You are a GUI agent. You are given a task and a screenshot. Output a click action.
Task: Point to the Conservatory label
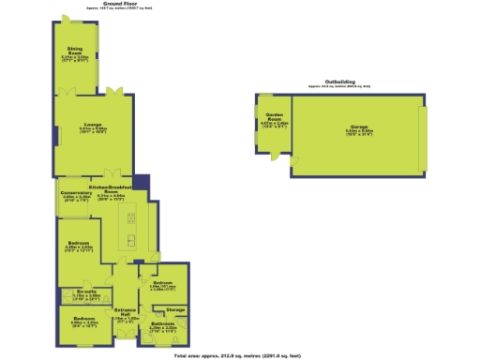click(75, 195)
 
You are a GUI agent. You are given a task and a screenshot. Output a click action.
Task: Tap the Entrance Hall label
click(126, 313)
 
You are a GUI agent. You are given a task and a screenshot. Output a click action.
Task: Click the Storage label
click(175, 308)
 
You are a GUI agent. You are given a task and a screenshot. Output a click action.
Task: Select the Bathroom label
click(162, 324)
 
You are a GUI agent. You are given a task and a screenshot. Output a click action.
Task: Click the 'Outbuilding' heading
click(338, 82)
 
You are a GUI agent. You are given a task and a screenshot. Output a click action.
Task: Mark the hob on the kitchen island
click(131, 218)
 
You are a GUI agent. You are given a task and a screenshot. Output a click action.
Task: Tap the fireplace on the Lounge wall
click(54, 138)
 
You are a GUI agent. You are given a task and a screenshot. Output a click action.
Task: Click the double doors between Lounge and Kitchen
click(112, 174)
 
